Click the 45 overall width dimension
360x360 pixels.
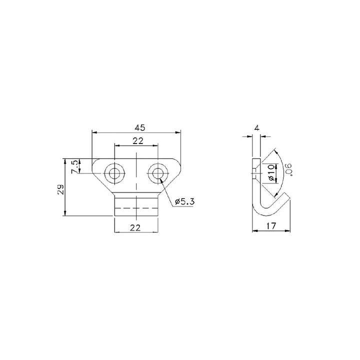click(x=136, y=127)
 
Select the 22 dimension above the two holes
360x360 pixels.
click(x=138, y=141)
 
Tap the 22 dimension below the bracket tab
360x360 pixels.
click(x=135, y=227)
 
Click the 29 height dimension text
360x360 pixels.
click(x=60, y=190)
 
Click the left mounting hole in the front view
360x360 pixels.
click(x=115, y=173)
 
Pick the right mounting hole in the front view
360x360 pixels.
click(x=158, y=173)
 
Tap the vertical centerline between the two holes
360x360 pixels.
click(x=136, y=170)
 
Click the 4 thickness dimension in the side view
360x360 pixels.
click(x=256, y=128)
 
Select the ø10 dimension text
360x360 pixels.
click(x=270, y=172)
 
